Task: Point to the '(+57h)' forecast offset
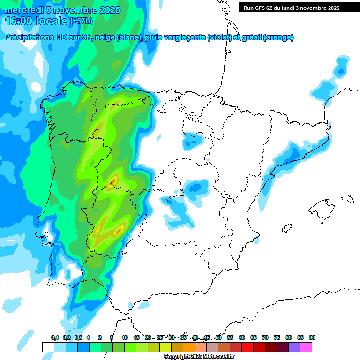[x=81, y=21]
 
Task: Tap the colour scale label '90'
[x=312, y=337]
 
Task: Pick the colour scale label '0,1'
[x=55, y=337]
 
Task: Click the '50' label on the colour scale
[x=218, y=337]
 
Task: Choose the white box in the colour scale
[x=48, y=347]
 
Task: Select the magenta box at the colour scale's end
[x=306, y=347]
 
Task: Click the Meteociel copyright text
[x=199, y=357]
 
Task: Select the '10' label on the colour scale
[x=125, y=337]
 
